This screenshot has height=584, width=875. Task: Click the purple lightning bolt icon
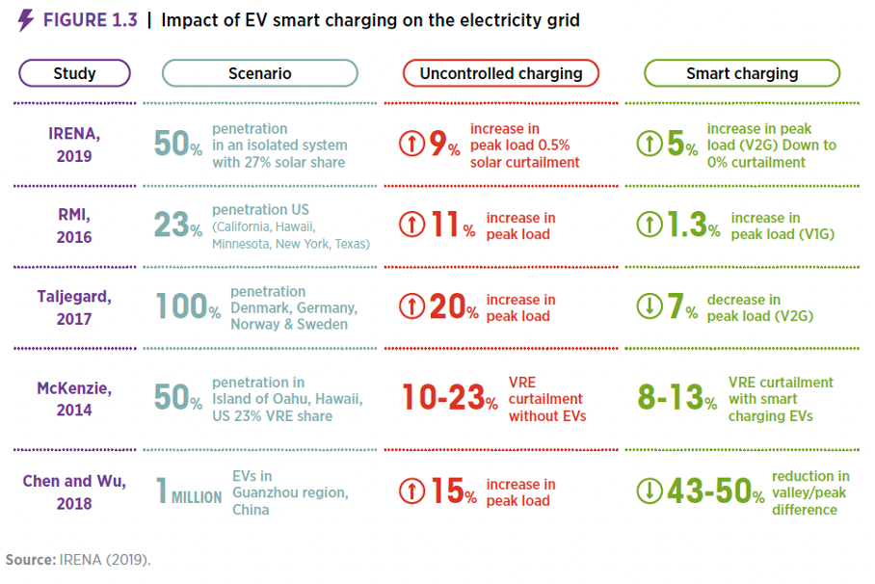coord(25,20)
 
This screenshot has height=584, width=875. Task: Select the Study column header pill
coord(74,73)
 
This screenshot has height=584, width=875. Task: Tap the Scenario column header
coord(259,73)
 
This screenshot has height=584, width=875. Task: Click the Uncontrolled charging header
coord(500,73)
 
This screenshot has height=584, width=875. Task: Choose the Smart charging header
coord(741,73)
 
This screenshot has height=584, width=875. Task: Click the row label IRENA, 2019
coord(74,145)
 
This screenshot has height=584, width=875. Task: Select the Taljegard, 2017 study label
coord(74,307)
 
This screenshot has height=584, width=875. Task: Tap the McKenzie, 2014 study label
coord(74,399)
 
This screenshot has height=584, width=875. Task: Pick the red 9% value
coord(444,145)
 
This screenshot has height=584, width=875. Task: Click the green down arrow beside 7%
coord(649,306)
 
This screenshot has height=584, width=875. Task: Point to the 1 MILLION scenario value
coord(189,492)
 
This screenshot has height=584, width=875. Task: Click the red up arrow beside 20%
coord(411,306)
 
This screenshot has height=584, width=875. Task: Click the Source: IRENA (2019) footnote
coord(78,560)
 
